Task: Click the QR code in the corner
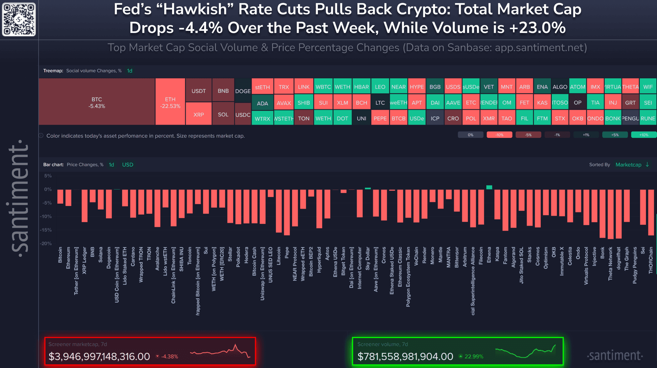coord(19,19)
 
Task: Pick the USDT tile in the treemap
coord(198,90)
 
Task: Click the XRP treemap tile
coord(198,114)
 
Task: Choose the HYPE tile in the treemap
coord(417,86)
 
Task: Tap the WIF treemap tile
coord(648,86)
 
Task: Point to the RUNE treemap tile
coord(648,118)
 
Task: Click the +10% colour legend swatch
coord(643,135)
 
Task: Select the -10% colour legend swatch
coord(499,135)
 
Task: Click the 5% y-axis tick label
coord(48,176)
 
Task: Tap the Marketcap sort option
coord(628,165)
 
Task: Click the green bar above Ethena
coord(489,187)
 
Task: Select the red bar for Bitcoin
coord(60,196)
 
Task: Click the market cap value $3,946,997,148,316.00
coord(99,356)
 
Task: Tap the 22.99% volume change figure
coord(474,356)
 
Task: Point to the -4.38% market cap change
coord(169,356)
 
